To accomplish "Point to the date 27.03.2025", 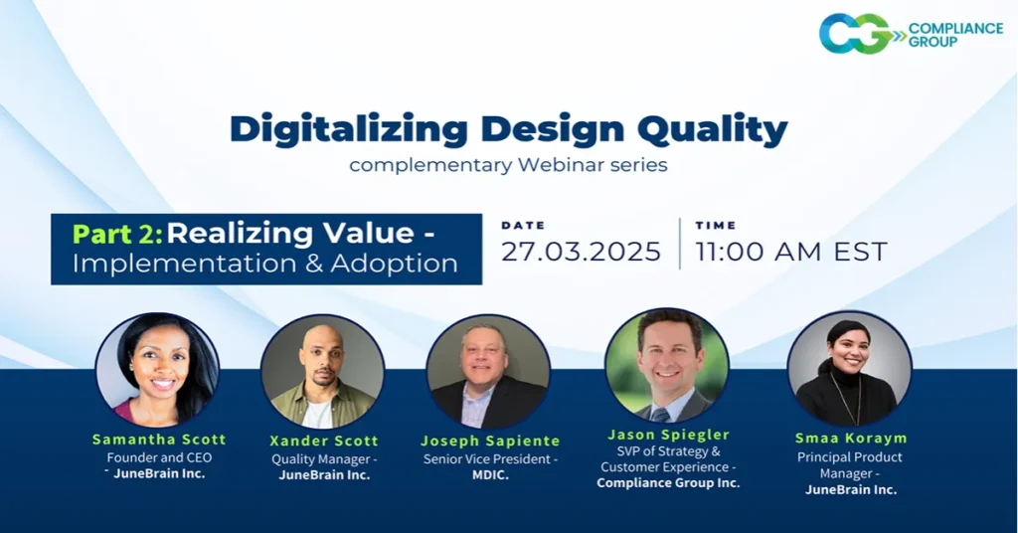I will [581, 252].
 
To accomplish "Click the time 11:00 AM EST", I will [791, 252].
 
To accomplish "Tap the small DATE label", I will [523, 226].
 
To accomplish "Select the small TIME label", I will [716, 226].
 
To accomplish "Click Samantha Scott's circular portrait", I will [157, 370].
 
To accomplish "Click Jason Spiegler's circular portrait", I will [667, 366].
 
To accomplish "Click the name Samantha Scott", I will [159, 440].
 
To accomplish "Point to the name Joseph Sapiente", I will [490, 441].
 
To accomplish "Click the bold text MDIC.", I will [490, 475].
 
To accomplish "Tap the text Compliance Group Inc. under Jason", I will [668, 483].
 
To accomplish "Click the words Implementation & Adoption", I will [264, 264].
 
